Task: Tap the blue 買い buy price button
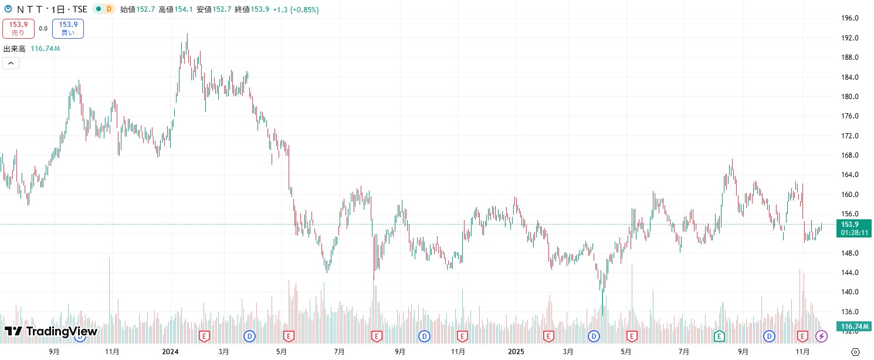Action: coord(68,29)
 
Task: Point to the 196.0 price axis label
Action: coord(851,18)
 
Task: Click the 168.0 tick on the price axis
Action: coord(851,155)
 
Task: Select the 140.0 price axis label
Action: coord(851,292)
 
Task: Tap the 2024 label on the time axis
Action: coord(170,352)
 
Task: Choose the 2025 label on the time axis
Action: coord(515,352)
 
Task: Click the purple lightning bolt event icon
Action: coord(822,336)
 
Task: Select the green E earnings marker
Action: coord(719,336)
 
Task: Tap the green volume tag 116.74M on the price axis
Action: coord(854,327)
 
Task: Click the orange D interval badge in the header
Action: coord(109,9)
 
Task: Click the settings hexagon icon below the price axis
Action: coord(856,352)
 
